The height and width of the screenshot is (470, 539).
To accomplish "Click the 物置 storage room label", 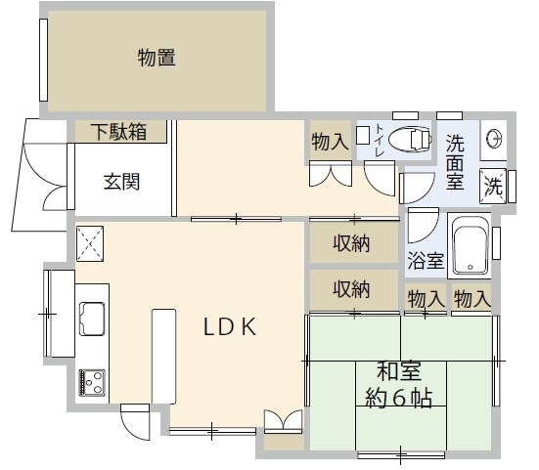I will [x=157, y=60].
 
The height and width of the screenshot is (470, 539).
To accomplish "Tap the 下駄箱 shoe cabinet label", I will [x=119, y=132].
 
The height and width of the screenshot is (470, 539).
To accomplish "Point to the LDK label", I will [x=230, y=327].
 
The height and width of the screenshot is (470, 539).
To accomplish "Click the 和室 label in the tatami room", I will [x=400, y=372].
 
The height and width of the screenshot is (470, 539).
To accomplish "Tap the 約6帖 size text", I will [x=400, y=398].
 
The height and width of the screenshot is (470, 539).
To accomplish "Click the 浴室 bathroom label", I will [x=426, y=261].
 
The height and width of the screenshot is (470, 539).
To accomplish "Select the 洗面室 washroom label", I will [x=456, y=162].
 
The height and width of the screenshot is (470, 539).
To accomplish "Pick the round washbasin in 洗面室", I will [x=495, y=137].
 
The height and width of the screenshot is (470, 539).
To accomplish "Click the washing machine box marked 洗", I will [x=495, y=184].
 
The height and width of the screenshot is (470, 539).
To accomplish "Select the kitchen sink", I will [x=93, y=318].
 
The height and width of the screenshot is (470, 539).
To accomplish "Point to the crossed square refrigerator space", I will [x=90, y=243].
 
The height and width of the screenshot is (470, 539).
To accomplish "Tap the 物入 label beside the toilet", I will [x=330, y=142].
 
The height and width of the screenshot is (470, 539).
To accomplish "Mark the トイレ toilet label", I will [x=380, y=142].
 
